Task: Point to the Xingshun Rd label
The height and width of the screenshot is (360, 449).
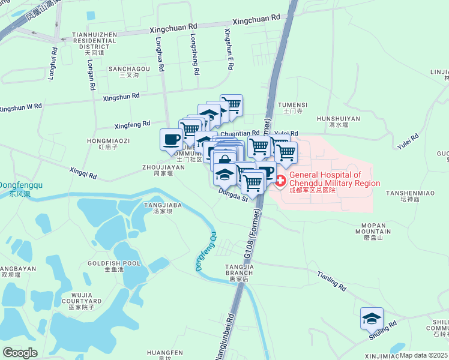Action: point(121,96)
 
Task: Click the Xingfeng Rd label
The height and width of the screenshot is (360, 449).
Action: point(132,124)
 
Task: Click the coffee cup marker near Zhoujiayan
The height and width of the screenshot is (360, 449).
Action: point(171,139)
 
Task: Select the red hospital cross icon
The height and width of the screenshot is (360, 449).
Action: point(280,179)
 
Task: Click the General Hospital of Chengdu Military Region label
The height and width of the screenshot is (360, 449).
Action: point(334,179)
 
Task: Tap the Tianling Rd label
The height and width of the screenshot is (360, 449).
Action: point(331,280)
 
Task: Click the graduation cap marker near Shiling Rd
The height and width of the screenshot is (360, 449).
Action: point(372,318)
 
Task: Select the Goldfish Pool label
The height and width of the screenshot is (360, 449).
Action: point(114,266)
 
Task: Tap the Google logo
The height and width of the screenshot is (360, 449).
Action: point(20,353)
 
